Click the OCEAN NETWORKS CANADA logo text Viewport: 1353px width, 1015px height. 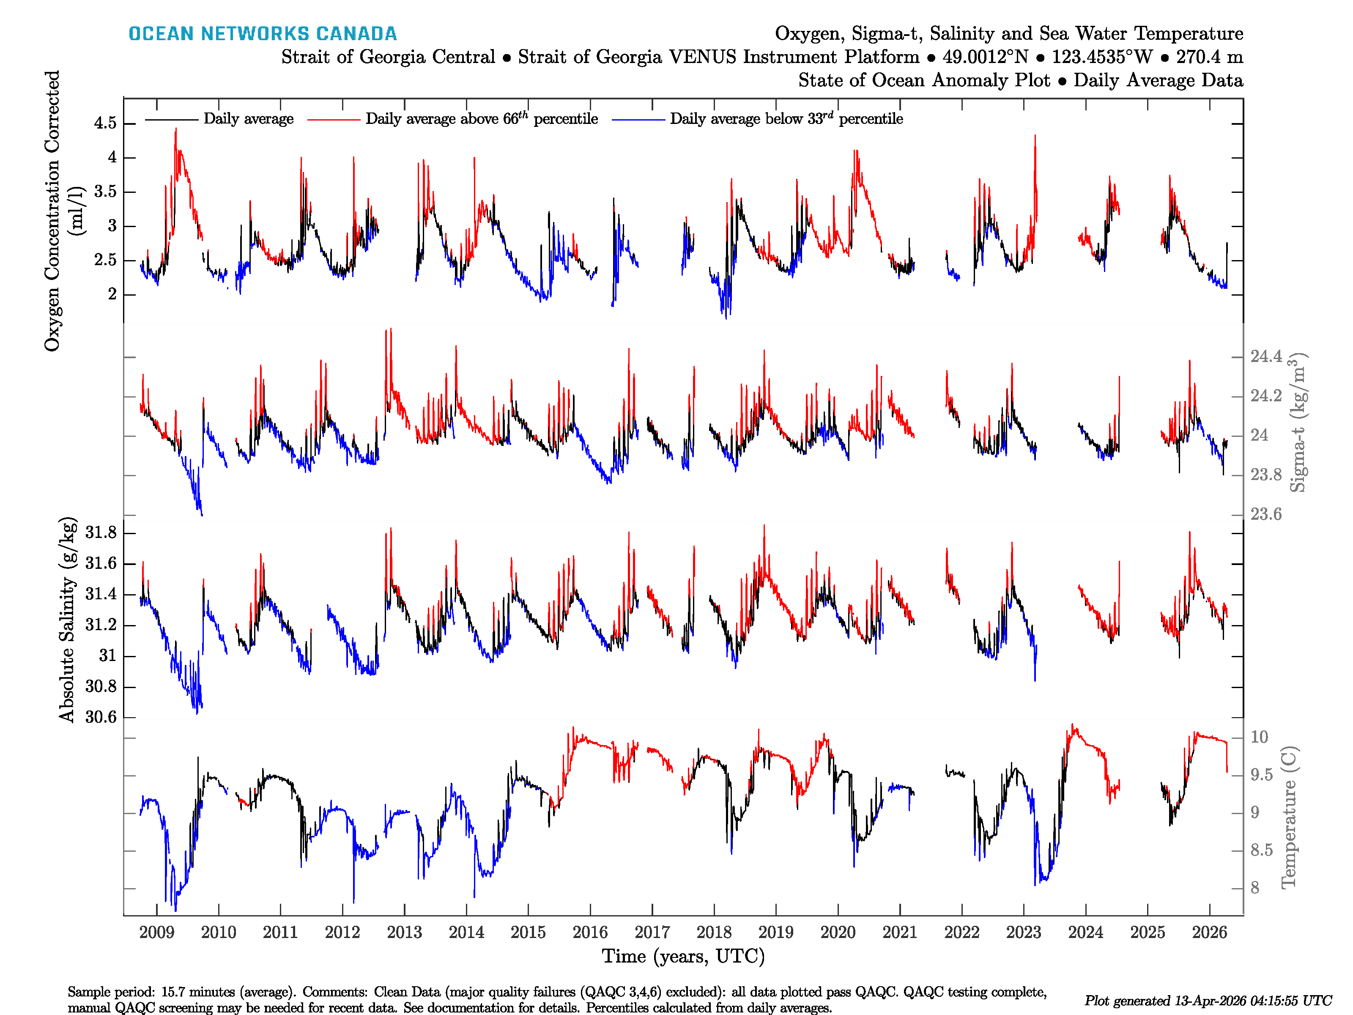(x=263, y=34)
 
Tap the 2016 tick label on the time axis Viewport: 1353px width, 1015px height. (x=590, y=933)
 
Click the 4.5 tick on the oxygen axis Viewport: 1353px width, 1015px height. (x=105, y=123)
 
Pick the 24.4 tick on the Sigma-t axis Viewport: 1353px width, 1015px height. (x=1265, y=357)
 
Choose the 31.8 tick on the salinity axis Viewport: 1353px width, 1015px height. (x=101, y=533)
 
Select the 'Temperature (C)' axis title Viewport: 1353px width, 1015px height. (x=1288, y=817)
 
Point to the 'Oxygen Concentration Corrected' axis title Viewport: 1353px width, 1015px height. (x=52, y=211)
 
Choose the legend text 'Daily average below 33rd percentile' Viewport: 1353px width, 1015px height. (x=786, y=119)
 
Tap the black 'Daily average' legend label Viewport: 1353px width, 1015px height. (x=248, y=119)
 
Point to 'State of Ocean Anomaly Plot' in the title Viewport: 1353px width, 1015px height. (x=923, y=80)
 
